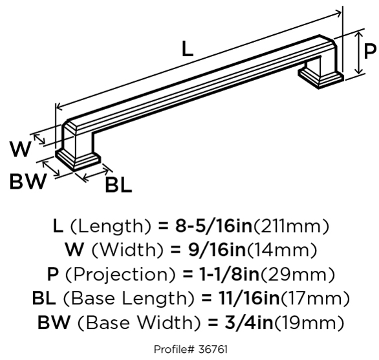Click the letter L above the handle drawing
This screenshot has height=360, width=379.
(x=188, y=49)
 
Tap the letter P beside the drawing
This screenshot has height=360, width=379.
(x=370, y=51)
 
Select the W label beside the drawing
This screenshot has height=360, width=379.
(x=21, y=149)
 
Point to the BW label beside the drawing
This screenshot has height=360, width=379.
(x=28, y=181)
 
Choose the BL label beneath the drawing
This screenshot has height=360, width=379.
(x=118, y=185)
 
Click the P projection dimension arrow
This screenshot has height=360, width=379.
(x=359, y=53)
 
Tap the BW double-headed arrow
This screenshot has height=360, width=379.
(x=51, y=169)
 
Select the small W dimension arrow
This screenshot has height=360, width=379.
(x=39, y=140)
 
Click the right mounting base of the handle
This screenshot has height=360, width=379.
(x=321, y=76)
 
